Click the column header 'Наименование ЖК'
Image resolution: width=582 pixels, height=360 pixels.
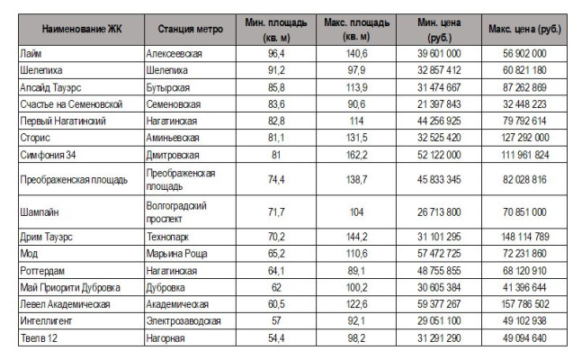pos(82,29)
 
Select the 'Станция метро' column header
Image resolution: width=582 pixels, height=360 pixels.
pos(191,29)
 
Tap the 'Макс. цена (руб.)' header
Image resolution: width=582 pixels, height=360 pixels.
pos(524,29)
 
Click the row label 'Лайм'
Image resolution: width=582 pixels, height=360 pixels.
pos(31,53)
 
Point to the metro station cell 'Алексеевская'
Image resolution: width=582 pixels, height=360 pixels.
pos(175,54)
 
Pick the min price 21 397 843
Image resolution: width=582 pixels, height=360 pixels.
pos(439,104)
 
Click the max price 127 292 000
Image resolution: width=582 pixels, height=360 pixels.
pos(524,138)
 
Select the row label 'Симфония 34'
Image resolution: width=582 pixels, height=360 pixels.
pos(48,155)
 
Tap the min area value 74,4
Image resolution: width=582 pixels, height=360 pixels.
pos(276,179)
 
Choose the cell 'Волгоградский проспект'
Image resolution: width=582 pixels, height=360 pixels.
pos(176,212)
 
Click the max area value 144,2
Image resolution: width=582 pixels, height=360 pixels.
pos(357,237)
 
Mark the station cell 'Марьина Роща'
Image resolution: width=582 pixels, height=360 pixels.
pos(176,254)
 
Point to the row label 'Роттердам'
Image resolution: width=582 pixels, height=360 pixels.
pos(42,271)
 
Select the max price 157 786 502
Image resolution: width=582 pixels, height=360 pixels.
pos(524,304)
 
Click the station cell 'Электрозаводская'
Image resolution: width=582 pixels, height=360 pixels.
pos(184,321)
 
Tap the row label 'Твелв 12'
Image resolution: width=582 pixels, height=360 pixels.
pos(39,338)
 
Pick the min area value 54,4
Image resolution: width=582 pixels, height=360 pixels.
pos(276,338)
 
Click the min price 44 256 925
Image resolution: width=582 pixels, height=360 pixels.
pos(439,121)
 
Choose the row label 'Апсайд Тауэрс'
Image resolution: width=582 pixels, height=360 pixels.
pos(50,87)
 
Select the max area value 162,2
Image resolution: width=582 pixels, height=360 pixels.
pos(357,155)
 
